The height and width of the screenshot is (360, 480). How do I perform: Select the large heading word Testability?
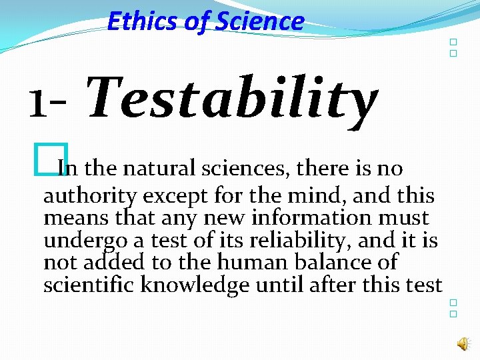(x=231, y=98)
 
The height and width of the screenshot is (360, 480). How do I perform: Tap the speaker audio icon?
(x=462, y=343)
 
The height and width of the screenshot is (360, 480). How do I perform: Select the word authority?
(x=90, y=197)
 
